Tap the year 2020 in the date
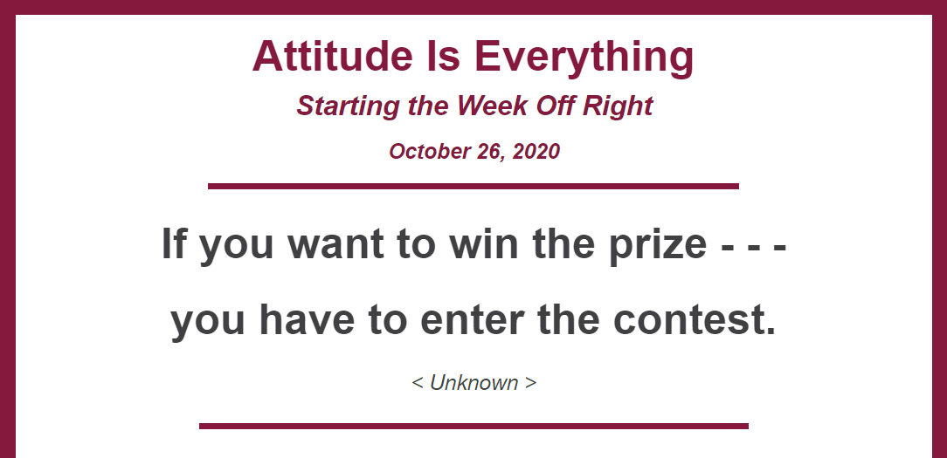[536, 152]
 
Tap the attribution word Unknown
[474, 383]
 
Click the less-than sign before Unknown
[418, 383]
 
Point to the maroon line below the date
[473, 186]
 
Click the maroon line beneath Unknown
[473, 426]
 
